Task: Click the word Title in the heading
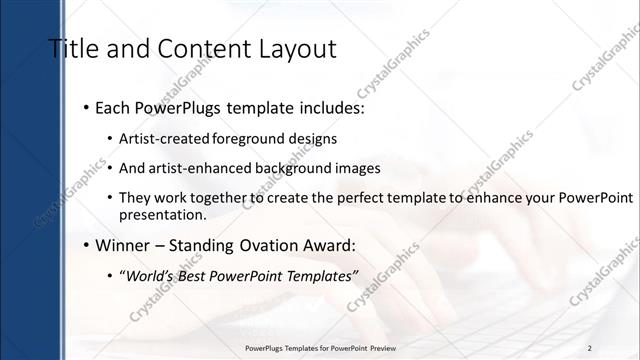coord(73,49)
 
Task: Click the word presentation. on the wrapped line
coord(162,214)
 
